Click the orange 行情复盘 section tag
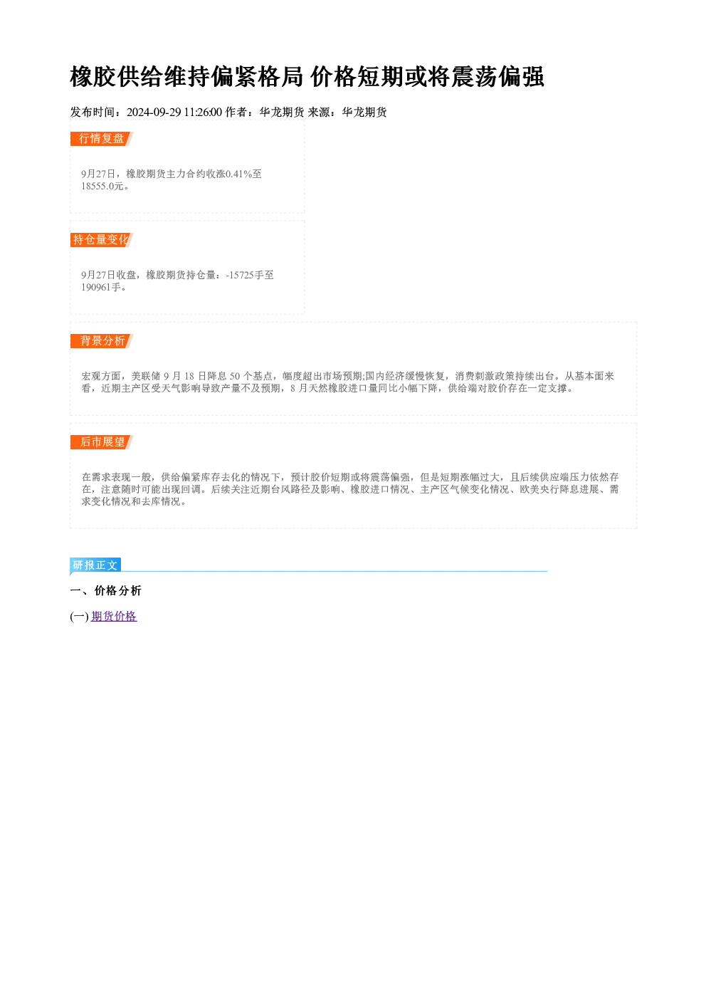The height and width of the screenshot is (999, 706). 102,139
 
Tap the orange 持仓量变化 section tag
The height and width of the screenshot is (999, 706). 102,240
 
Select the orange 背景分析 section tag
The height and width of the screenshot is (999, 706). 102,341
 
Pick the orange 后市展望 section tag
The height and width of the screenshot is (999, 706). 102,442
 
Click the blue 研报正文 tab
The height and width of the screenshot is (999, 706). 95,565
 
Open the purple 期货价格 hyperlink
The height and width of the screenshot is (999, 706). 114,617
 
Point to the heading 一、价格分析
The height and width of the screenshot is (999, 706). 105,591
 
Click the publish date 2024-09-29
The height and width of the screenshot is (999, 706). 154,113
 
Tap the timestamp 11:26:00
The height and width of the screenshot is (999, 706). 203,113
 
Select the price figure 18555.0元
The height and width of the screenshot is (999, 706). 102,187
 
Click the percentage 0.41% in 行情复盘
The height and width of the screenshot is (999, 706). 239,174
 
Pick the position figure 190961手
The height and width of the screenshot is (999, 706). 101,288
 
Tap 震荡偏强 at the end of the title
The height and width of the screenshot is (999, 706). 497,77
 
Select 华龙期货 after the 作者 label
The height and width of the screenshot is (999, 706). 282,113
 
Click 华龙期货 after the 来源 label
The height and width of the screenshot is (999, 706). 364,113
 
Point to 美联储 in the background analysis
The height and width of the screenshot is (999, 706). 146,377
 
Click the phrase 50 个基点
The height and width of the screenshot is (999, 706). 251,377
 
